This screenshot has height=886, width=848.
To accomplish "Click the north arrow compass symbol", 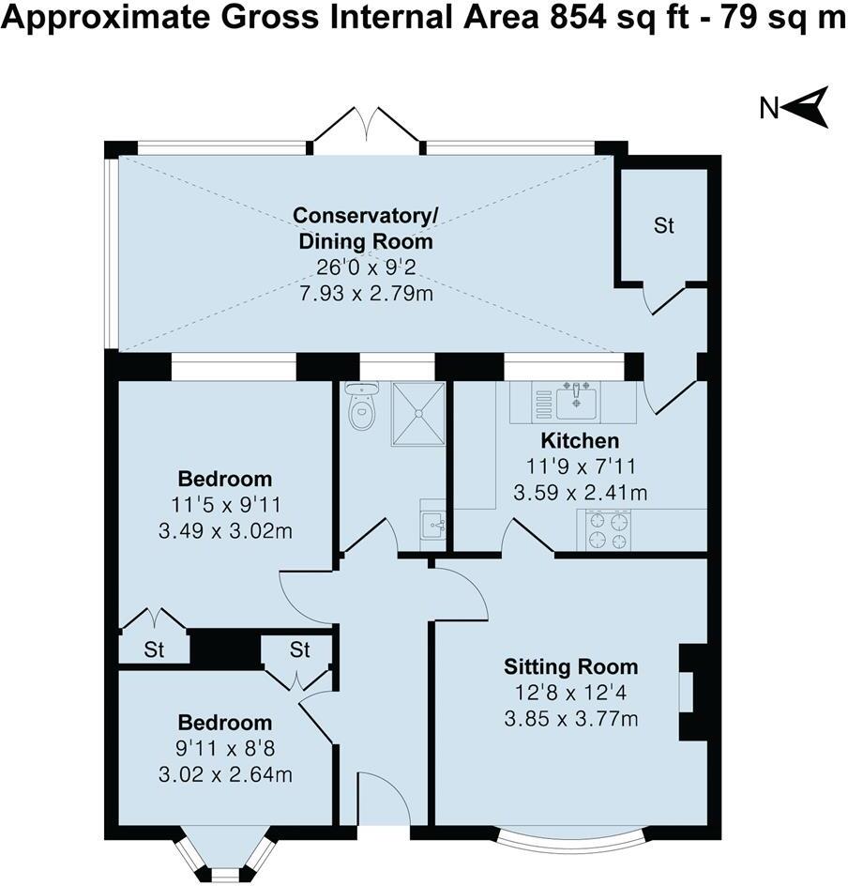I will pyautogui.click(x=806, y=107).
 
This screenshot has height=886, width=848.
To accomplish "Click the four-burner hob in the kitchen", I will pyautogui.click(x=607, y=529).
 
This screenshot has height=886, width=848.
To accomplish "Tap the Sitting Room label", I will pyautogui.click(x=570, y=667).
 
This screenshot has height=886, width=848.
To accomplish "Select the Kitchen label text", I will pyautogui.click(x=579, y=440).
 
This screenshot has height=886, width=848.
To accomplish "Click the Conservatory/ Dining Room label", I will pyautogui.click(x=365, y=228).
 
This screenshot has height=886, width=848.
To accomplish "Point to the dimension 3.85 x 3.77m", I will pyautogui.click(x=570, y=719).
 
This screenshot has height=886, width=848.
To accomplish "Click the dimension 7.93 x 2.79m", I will pyautogui.click(x=365, y=294).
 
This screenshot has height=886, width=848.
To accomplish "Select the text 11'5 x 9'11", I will pyautogui.click(x=225, y=505).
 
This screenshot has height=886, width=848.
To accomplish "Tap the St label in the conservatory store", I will pyautogui.click(x=664, y=226).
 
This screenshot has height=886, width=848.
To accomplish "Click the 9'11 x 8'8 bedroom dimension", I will pyautogui.click(x=225, y=749).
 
